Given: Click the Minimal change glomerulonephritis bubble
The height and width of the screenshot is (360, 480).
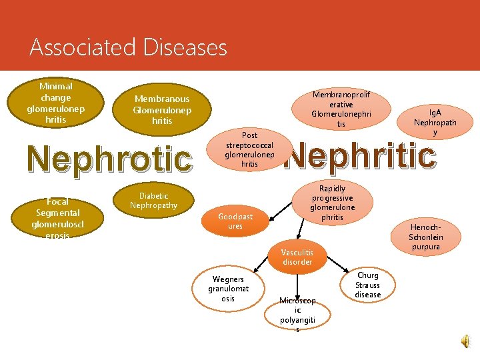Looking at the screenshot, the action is coord(56,102).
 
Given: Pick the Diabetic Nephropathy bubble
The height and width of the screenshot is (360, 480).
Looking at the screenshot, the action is coord(154,201).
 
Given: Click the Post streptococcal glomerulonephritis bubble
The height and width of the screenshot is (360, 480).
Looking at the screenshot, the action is coord(250,149).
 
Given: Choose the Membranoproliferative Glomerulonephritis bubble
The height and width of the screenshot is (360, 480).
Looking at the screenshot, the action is coord(341,109).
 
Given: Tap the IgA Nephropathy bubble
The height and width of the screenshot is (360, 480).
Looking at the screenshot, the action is coord(435,122).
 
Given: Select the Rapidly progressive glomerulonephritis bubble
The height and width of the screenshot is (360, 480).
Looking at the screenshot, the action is coord(332,203).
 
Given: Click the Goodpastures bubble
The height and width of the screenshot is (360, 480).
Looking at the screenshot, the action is coord(235,221).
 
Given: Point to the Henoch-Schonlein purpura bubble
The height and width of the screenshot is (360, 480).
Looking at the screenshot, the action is coord(425,237).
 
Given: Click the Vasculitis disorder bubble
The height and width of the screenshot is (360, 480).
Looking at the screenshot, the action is coord(297,257).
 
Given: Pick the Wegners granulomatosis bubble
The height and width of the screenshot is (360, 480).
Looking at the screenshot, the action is coord(228,289).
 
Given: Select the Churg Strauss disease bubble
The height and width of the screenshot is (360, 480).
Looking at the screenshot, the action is coord(367,285).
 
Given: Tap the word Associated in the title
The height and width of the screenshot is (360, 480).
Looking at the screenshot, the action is coord(83,48).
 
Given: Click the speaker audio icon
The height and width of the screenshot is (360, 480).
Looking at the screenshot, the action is coord(465,341).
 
